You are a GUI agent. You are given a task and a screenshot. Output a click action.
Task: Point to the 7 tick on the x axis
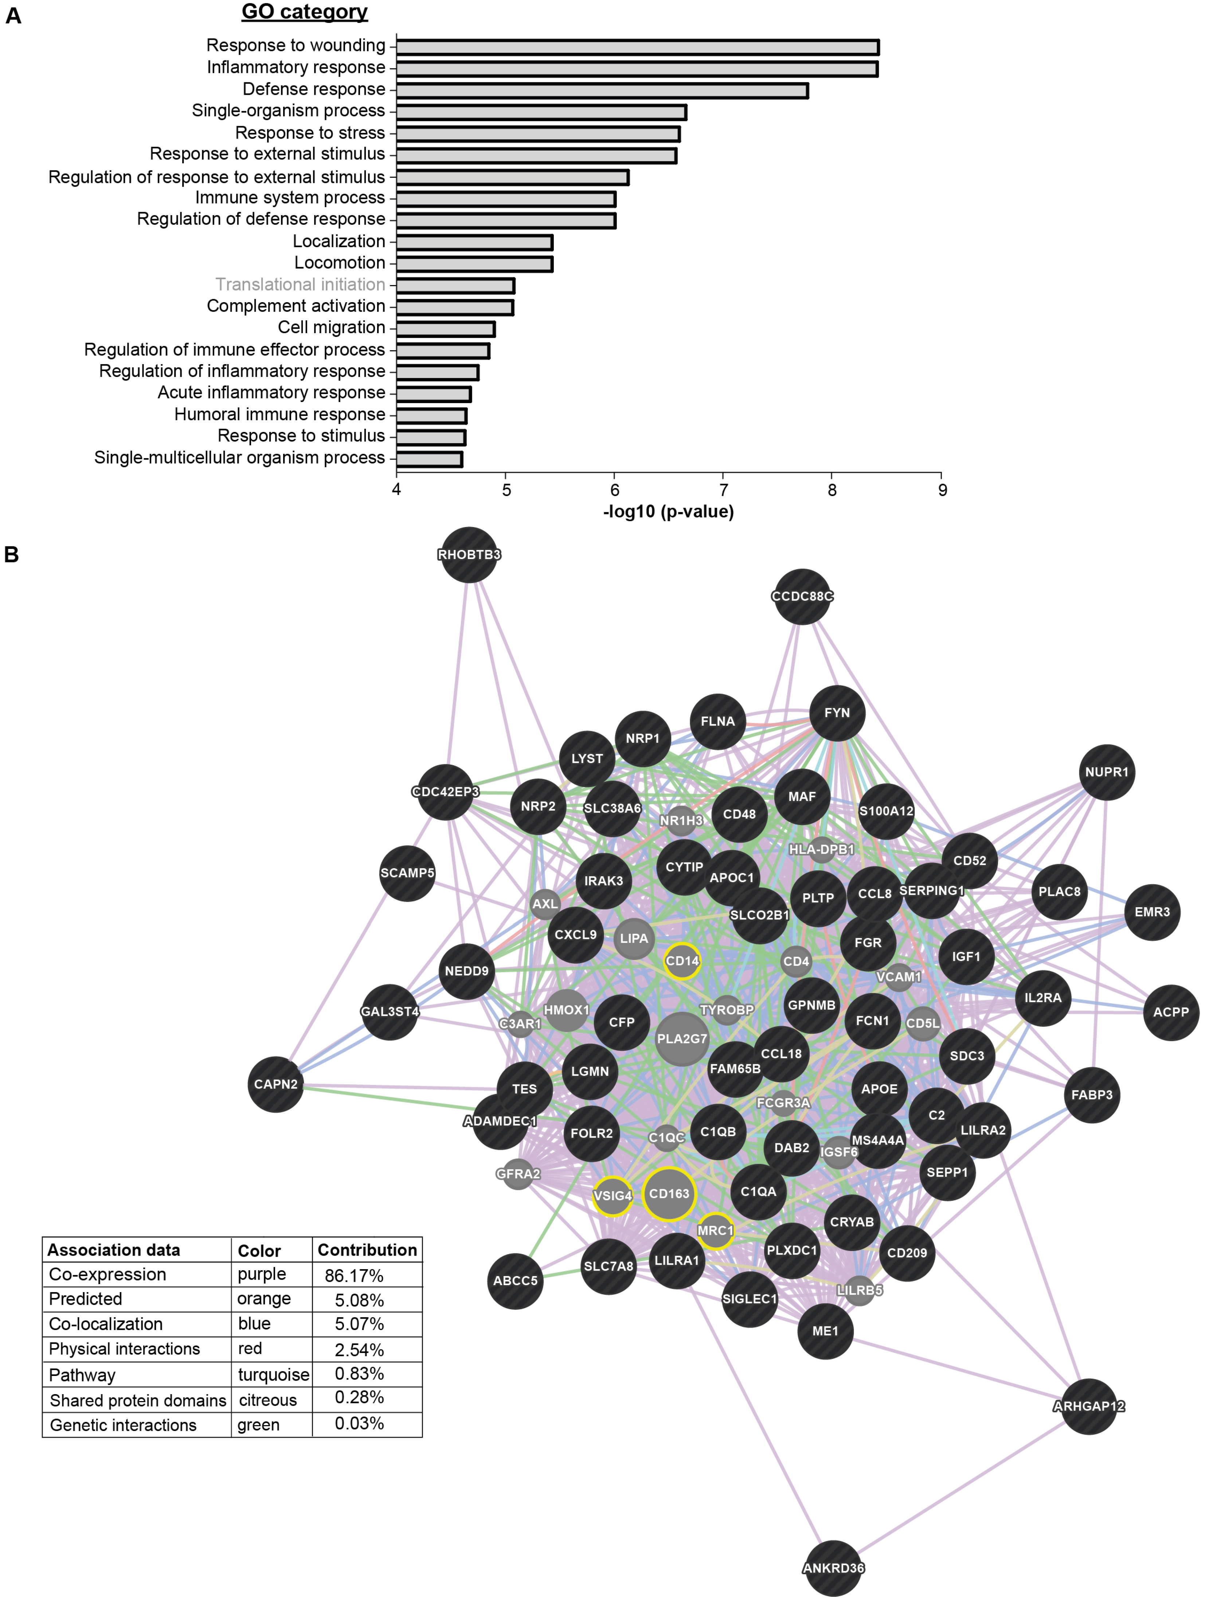tap(723, 490)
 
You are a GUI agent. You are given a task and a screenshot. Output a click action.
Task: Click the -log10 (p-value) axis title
tap(668, 512)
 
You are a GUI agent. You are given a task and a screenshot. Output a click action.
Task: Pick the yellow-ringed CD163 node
tap(669, 1194)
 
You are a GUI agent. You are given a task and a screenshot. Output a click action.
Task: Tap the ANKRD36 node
tap(833, 1568)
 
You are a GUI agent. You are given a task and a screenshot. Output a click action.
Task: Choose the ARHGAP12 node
tap(1088, 1406)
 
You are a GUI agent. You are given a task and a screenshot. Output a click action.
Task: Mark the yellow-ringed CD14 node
tap(682, 961)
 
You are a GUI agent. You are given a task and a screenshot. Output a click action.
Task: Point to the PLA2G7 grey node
tap(682, 1038)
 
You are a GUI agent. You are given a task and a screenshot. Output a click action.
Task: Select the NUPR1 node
tap(1107, 772)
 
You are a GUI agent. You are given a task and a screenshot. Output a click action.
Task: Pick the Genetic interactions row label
tap(123, 1425)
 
